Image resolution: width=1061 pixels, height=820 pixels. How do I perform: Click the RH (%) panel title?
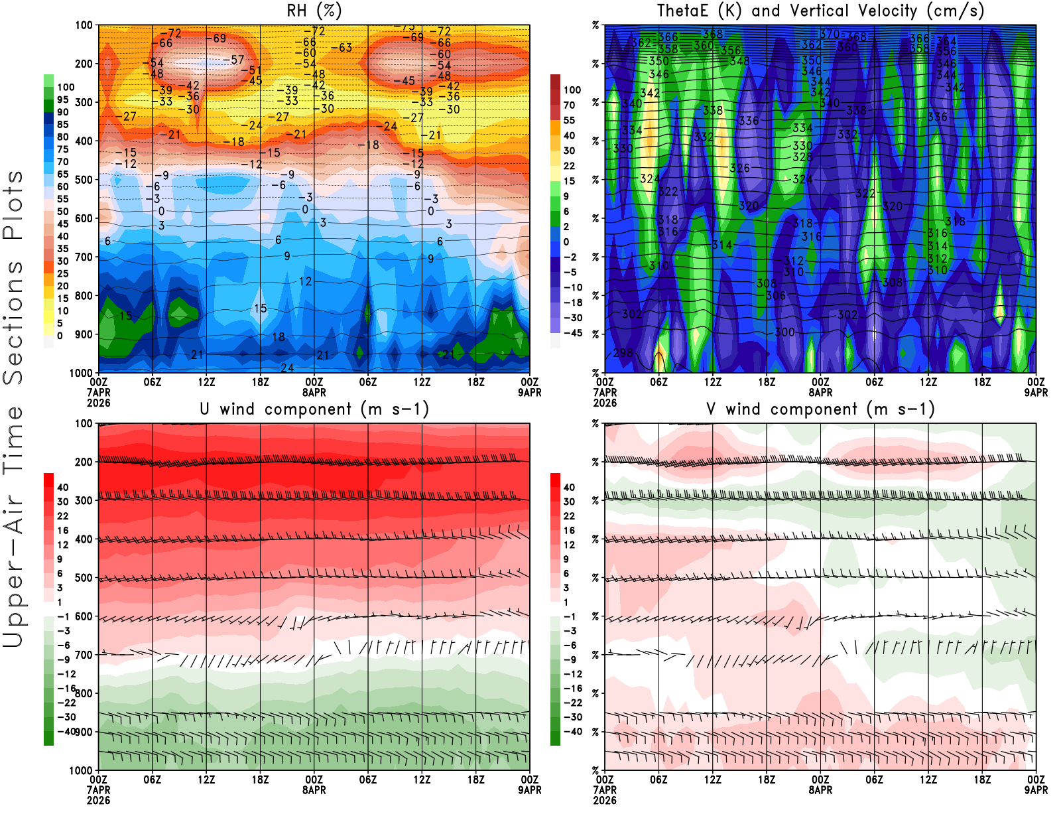click(x=314, y=11)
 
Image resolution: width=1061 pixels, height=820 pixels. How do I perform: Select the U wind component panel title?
click(x=314, y=409)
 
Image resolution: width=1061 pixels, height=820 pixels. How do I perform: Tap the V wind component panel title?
click(x=820, y=409)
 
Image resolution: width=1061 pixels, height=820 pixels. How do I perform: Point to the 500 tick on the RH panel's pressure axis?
click(x=84, y=180)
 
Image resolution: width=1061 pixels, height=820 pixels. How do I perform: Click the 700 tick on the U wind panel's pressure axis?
click(x=84, y=655)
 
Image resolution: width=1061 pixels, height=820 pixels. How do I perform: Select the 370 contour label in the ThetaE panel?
click(x=829, y=34)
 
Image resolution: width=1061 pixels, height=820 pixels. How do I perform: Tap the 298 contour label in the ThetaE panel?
click(x=623, y=353)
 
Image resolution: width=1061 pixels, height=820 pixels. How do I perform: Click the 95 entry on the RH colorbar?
click(x=62, y=100)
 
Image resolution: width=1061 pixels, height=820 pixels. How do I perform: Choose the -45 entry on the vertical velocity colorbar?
click(x=572, y=333)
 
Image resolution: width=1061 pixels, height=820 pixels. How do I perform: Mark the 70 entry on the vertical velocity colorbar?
click(x=569, y=105)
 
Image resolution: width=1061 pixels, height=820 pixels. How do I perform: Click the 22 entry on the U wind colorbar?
click(x=62, y=516)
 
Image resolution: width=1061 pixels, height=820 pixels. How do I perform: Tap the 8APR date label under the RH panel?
click(x=314, y=392)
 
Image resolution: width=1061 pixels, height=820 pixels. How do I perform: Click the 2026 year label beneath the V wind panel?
click(x=605, y=800)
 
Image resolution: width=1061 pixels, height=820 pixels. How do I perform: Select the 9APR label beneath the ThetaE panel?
click(x=1036, y=392)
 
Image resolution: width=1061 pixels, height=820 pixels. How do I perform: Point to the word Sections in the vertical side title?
click(x=13, y=322)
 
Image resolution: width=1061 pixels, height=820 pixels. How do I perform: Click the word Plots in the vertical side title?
click(x=13, y=205)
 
